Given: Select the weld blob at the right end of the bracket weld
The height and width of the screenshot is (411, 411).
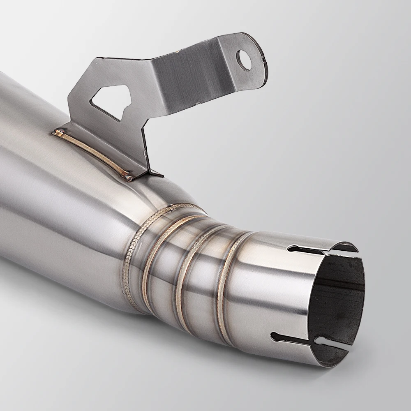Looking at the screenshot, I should pos(128,177).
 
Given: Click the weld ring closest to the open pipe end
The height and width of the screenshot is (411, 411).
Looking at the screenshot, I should pos(224,284).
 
